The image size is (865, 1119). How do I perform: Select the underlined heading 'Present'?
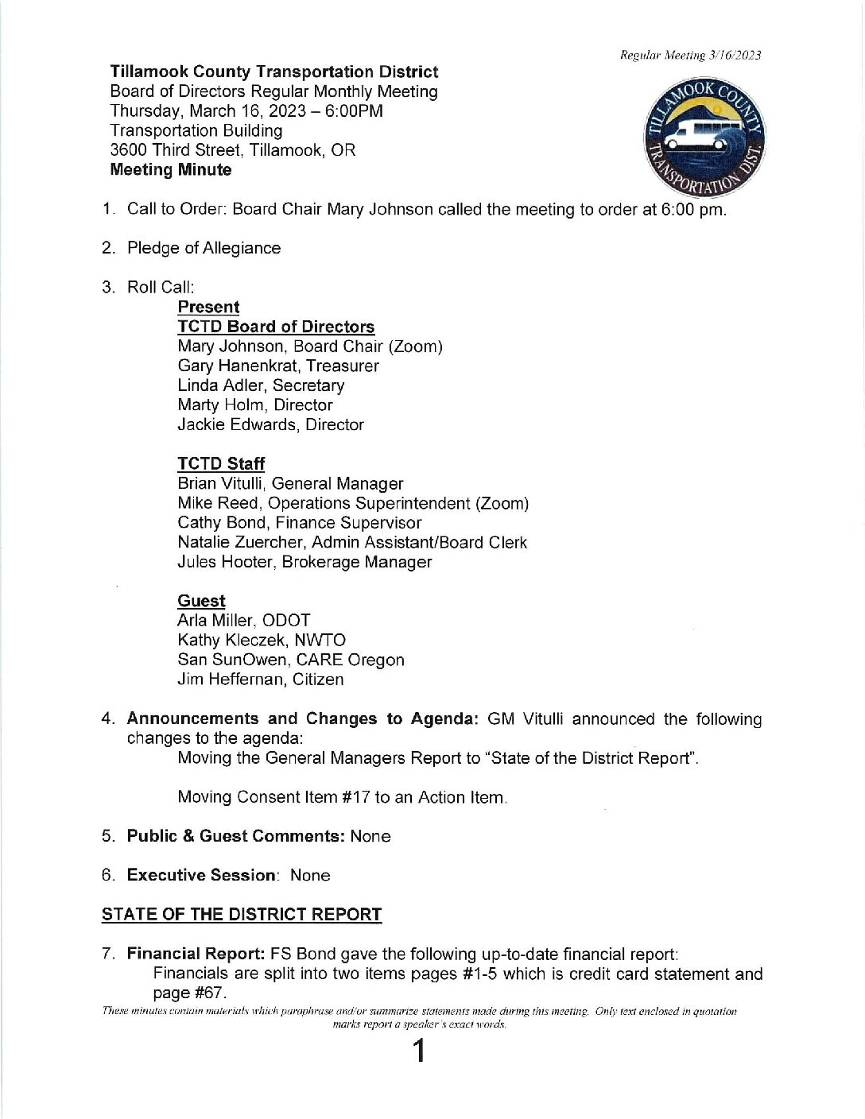click(208, 308)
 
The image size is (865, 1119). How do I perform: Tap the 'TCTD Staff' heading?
click(221, 464)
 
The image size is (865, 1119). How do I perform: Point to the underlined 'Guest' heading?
click(201, 602)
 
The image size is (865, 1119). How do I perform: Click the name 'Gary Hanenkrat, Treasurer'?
click(278, 366)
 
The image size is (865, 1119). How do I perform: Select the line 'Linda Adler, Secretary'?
click(261, 385)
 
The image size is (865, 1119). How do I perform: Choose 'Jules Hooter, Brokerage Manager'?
click(304, 562)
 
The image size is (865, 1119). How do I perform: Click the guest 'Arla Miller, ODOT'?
click(244, 621)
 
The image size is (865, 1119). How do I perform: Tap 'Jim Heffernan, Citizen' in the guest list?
click(261, 680)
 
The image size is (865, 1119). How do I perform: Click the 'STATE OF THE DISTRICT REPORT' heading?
click(242, 915)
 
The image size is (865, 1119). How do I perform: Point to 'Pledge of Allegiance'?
click(204, 249)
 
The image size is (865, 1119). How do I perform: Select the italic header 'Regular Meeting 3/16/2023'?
click(690, 56)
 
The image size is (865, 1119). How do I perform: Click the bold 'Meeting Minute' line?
click(171, 170)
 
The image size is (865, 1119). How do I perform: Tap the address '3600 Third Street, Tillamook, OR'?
click(233, 150)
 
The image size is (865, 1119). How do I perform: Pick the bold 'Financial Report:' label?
click(196, 954)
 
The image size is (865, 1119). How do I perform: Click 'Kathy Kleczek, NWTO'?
click(262, 641)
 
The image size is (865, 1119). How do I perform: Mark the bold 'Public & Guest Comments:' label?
click(235, 836)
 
